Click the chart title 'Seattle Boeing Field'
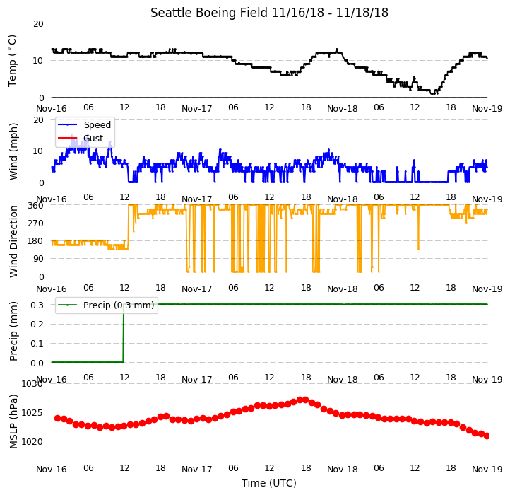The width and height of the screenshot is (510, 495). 209,13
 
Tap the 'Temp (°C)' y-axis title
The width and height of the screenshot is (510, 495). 12,61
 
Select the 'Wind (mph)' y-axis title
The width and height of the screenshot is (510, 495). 13,151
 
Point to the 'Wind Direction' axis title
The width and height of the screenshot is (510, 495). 13,241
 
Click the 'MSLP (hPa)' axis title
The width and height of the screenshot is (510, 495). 13,421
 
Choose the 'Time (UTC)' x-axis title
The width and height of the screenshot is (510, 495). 269,483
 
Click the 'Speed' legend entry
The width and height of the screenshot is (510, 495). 97,124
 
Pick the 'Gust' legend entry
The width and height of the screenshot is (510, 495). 93,138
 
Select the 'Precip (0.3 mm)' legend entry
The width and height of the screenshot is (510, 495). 119,305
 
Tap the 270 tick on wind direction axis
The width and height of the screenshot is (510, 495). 37,223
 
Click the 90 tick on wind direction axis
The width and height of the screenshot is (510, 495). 39,259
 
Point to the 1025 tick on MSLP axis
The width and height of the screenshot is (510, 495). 32,413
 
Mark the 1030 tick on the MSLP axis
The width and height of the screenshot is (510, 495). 32,384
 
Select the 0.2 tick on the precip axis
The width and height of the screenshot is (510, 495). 37,325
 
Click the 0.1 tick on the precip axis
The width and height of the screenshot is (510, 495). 37,344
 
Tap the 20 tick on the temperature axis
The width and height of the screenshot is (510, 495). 38,24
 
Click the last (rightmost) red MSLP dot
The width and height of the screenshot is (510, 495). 487,436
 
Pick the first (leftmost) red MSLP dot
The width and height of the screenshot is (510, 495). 58,418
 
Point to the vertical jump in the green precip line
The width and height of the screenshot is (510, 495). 124,334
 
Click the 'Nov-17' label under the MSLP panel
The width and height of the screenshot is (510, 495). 197,470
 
